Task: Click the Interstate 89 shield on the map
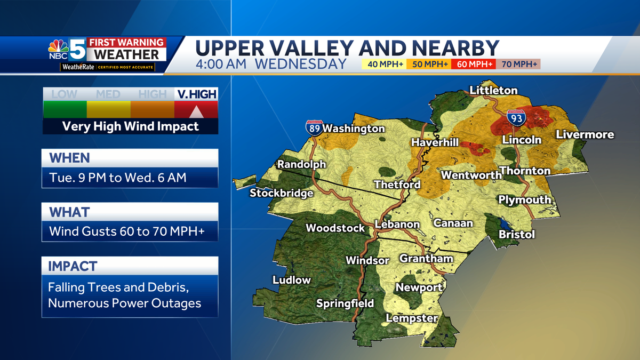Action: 313,127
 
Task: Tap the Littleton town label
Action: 493,91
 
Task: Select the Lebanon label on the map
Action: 397,225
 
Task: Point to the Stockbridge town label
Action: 281,193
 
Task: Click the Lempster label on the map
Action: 412,318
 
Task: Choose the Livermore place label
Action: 585,135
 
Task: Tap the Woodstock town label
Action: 335,228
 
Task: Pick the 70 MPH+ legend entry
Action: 518,65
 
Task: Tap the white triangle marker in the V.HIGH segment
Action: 196,111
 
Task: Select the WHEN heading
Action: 70,158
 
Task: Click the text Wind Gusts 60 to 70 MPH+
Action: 126,231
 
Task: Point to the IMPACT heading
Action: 73,266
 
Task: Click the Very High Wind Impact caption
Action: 130,126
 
